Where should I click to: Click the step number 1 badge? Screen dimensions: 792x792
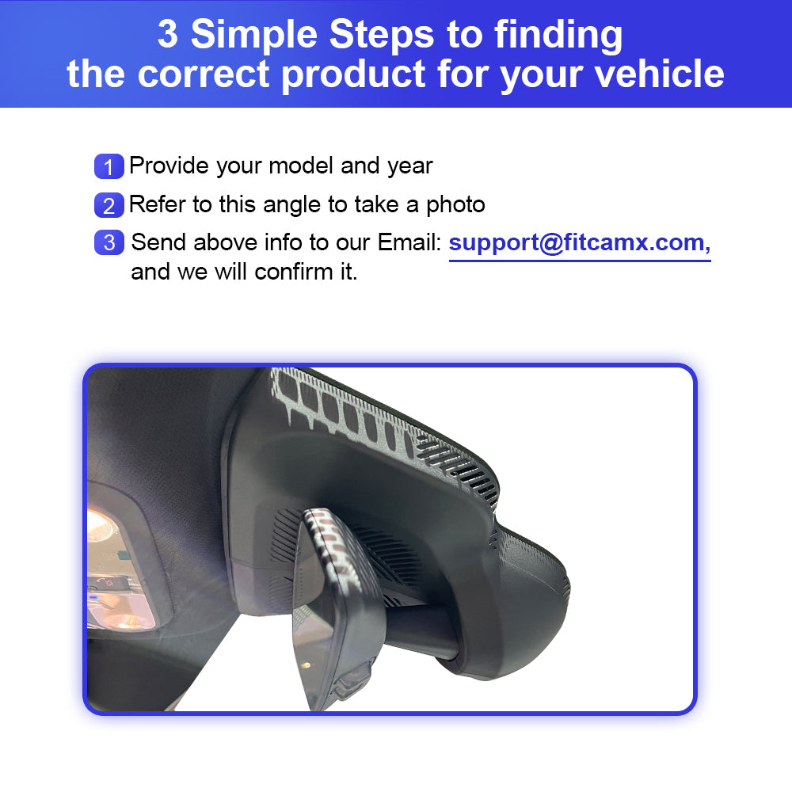tap(109, 166)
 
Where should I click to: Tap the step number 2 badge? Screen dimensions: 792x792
tap(109, 205)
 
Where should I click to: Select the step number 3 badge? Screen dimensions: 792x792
tap(109, 242)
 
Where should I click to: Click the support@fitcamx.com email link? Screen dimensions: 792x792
tap(580, 243)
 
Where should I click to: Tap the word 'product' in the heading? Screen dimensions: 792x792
tap(353, 74)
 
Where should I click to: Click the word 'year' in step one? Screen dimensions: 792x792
tap(410, 167)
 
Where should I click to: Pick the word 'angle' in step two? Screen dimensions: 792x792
tap(292, 206)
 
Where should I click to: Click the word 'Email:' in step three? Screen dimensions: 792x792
tap(409, 242)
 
